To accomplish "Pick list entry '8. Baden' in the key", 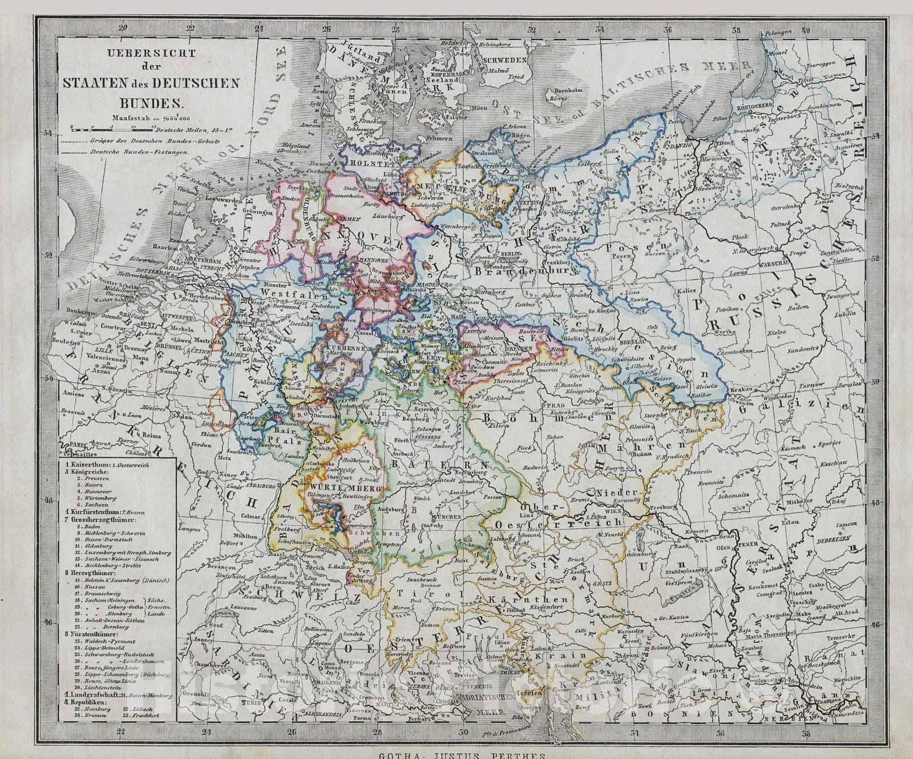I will click(86, 527).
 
